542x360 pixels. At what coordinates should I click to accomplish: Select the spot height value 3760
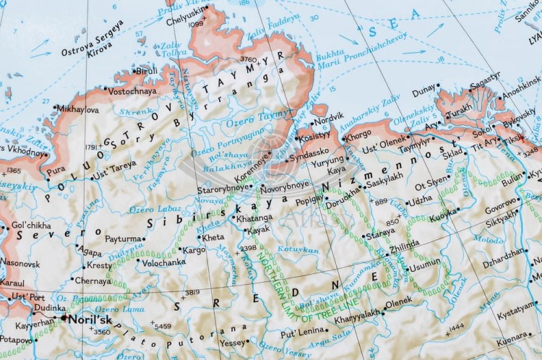(248, 59)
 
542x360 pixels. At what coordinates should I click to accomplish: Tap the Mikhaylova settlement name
(77, 110)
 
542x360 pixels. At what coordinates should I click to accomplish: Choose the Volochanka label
(163, 263)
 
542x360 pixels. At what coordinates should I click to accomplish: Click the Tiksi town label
(515, 138)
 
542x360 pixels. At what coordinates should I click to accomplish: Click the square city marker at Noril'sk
(64, 318)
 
